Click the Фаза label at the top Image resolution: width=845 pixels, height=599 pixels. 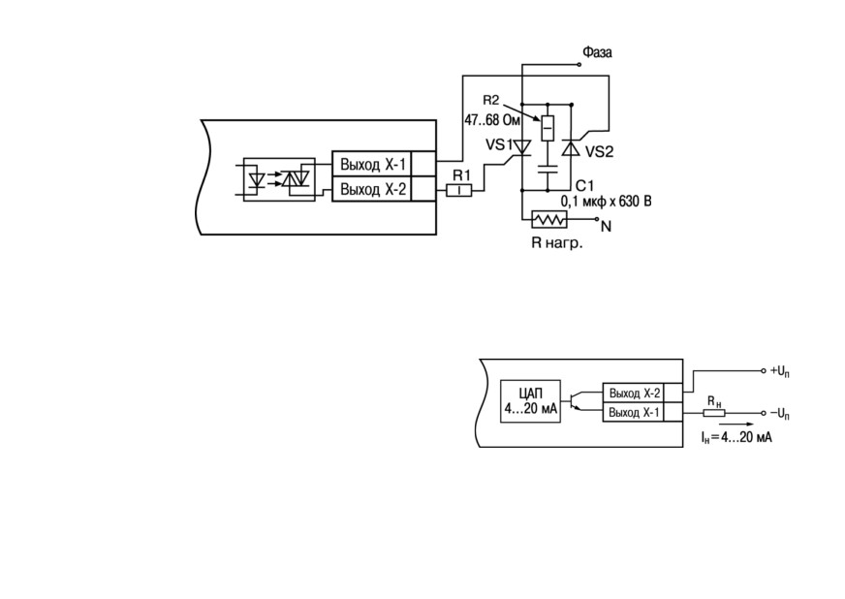tap(597, 52)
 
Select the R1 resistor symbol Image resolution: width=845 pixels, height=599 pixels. tap(459, 190)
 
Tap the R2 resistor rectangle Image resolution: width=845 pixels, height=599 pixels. tap(548, 128)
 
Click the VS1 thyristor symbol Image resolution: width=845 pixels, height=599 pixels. tap(521, 147)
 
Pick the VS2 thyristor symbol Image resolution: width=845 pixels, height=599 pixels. tap(571, 147)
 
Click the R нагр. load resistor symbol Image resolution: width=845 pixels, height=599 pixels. tap(549, 219)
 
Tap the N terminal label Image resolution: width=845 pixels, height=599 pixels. tap(607, 227)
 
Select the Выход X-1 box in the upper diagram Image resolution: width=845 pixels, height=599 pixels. tap(371, 164)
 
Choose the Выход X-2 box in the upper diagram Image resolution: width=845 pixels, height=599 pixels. tap(371, 189)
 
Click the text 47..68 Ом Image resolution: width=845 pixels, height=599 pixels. tap(492, 120)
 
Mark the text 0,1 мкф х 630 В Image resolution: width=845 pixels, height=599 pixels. tap(606, 202)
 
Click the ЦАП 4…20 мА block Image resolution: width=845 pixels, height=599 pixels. tap(530, 401)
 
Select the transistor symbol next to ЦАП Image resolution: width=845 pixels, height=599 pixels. tap(575, 400)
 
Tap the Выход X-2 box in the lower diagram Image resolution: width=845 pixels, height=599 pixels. tap(633, 394)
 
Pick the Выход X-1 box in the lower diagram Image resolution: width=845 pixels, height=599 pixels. tap(633, 413)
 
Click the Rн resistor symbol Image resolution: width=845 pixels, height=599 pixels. tap(714, 414)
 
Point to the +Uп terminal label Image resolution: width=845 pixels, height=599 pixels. tap(780, 371)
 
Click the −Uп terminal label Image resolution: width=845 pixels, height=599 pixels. tap(780, 414)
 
